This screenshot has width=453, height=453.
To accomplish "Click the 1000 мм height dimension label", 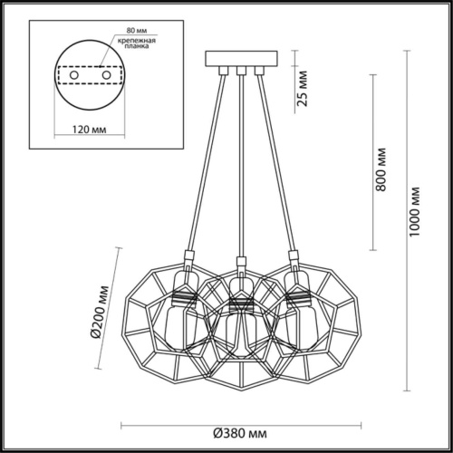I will tap(415, 210).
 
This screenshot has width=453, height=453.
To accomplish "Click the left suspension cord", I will tap(203, 163).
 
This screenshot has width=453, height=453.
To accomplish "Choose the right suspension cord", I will tap(275, 163).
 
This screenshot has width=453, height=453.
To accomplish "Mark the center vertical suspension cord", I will tap(240, 163).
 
